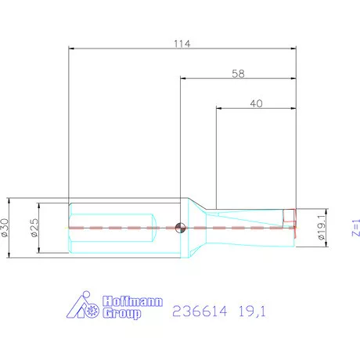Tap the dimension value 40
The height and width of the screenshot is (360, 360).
coord(257,103)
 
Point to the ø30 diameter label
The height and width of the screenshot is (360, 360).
coord(7,227)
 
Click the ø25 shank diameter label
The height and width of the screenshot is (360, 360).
coord(33,228)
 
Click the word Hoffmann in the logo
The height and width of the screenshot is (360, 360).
coord(133,301)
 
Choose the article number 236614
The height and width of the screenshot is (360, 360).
coord(197,312)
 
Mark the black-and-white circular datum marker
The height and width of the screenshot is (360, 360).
coord(180,228)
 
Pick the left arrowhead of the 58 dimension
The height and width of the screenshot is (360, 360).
coord(183,79)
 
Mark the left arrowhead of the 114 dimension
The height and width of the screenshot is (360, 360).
coord(72,49)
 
